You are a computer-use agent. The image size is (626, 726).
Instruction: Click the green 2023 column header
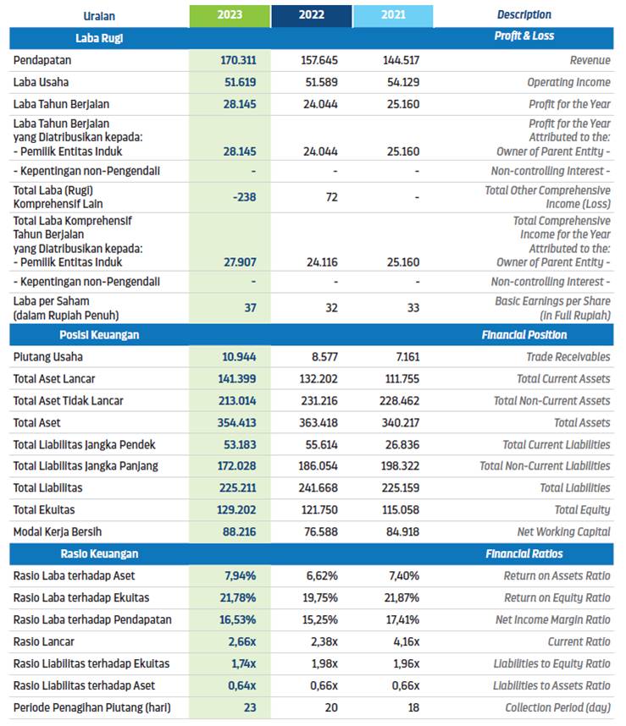point(230,16)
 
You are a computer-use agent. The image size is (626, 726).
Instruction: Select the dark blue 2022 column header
point(312,16)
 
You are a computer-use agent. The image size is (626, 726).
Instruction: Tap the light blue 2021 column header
point(393,16)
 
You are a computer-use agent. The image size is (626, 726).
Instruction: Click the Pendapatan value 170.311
point(238,60)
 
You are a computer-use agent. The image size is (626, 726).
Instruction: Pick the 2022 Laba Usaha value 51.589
point(321,82)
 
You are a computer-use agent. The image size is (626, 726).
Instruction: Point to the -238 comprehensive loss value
point(244,197)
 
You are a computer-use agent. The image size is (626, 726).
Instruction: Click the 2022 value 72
point(331,197)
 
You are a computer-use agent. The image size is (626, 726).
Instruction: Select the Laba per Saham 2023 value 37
point(250,308)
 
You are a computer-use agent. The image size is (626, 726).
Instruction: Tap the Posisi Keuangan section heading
point(99,335)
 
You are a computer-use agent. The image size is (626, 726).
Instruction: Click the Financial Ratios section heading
point(524,553)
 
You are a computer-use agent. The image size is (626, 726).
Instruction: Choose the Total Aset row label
point(36,423)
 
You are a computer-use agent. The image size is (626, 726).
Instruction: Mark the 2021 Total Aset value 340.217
point(401,423)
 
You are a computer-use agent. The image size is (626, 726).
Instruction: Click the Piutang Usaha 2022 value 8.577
point(324,357)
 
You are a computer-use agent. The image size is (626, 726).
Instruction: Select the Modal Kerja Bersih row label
point(58,532)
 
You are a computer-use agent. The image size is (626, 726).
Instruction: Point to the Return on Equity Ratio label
point(557,597)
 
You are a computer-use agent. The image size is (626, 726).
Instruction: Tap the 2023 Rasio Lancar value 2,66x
point(242,641)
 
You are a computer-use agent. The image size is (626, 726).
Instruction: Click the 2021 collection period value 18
point(413,707)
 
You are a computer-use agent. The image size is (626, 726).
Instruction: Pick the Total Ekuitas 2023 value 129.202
point(236,509)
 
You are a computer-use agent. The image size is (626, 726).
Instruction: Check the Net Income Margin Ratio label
point(553,619)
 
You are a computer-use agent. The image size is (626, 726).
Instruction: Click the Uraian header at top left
point(99,16)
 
